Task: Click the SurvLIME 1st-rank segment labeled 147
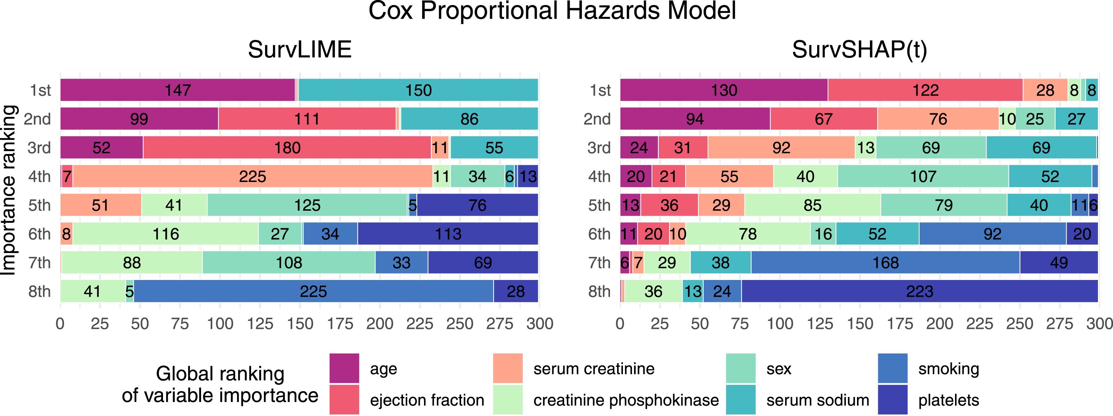point(178,90)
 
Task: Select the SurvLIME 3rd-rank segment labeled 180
point(287,148)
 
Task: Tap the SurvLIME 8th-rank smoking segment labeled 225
point(313,291)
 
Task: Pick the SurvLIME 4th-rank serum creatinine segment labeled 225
point(252,176)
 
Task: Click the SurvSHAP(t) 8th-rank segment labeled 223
point(919,291)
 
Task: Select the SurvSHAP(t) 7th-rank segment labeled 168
point(885,263)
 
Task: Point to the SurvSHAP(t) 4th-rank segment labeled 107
point(923,176)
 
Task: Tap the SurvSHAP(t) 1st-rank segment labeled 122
point(925,90)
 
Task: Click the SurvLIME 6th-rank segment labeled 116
point(166,234)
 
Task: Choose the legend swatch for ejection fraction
point(344,399)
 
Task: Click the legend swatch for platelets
point(893,399)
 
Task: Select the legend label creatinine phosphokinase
point(626,400)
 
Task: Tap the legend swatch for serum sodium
point(741,399)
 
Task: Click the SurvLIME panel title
point(299,49)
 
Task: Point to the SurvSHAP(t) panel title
point(860,49)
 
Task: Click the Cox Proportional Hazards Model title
point(552,11)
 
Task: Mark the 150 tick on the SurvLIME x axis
point(300,323)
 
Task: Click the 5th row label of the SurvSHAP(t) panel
point(599,205)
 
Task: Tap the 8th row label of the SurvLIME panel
point(39,291)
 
